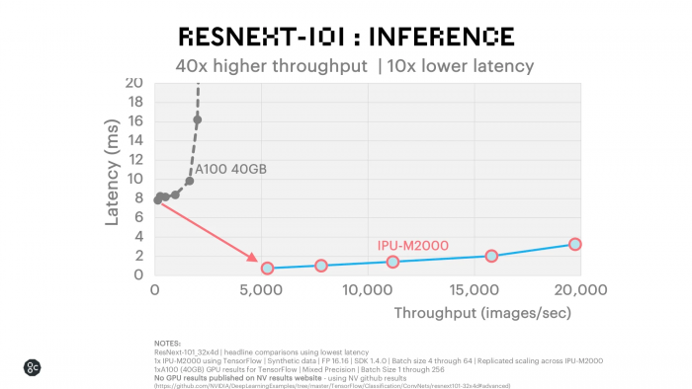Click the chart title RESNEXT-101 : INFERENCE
(345, 37)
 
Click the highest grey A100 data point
(198, 120)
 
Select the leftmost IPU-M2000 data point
(267, 268)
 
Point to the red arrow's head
(256, 262)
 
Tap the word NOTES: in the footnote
(168, 343)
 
